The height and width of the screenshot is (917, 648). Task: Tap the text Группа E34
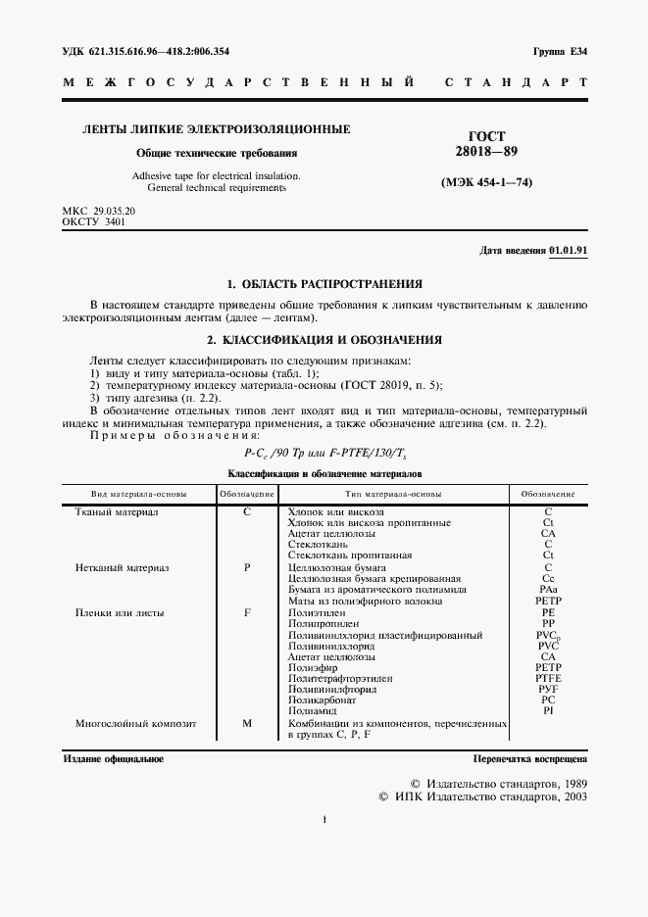tap(559, 50)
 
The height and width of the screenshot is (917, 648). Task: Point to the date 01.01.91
tap(569, 251)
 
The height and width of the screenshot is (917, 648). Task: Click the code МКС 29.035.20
tap(99, 212)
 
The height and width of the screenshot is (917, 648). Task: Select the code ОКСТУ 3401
tap(94, 222)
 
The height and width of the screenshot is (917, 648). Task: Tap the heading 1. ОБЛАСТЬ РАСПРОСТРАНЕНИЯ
tap(324, 284)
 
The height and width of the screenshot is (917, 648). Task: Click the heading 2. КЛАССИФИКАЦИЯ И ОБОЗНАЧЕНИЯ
tap(324, 340)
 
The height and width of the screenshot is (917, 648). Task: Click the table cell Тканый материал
tap(117, 512)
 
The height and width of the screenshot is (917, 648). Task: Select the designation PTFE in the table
tap(548, 678)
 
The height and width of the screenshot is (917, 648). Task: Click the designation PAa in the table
tap(548, 590)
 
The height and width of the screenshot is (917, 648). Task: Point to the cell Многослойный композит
tap(136, 724)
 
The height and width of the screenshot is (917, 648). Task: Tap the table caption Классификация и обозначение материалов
tap(324, 472)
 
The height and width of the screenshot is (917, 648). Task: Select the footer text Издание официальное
tap(114, 759)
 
